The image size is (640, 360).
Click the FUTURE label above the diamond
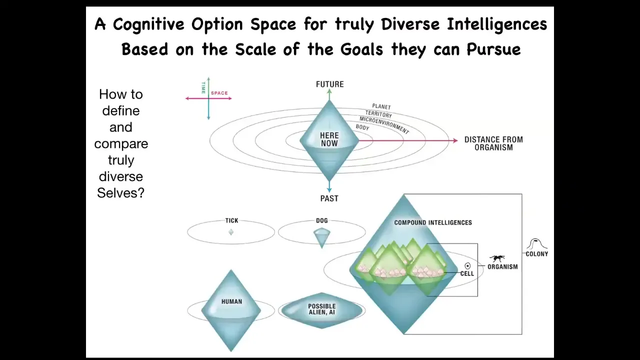click(x=329, y=84)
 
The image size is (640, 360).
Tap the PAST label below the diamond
click(x=329, y=198)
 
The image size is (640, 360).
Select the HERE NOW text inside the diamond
click(x=329, y=139)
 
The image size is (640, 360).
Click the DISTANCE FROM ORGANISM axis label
click(x=493, y=143)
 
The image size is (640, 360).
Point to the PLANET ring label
click(x=381, y=106)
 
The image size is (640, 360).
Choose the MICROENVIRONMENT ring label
click(x=384, y=125)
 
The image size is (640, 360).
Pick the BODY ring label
click(x=362, y=127)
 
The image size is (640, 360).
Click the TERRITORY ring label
click(x=378, y=114)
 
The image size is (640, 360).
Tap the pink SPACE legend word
click(x=219, y=93)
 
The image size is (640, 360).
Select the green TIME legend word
click(x=203, y=87)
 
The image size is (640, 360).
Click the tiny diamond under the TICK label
click(x=231, y=232)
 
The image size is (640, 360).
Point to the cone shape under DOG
click(x=321, y=237)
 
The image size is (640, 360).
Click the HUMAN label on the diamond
click(x=231, y=301)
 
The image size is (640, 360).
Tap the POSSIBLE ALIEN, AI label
click(x=321, y=309)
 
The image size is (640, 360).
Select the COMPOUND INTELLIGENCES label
click(x=433, y=222)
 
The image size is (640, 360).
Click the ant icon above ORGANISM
click(x=497, y=258)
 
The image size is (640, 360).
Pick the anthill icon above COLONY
click(x=536, y=243)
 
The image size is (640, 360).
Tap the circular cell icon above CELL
click(x=467, y=265)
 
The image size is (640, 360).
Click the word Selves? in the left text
click(x=120, y=193)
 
